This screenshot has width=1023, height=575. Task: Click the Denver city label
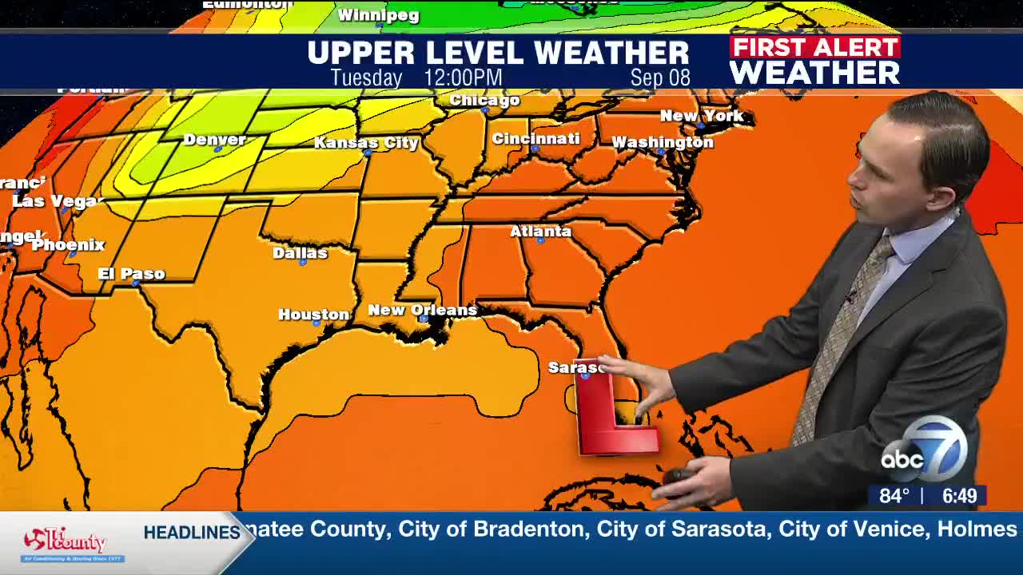[x=214, y=140]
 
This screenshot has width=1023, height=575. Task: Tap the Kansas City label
[x=366, y=143]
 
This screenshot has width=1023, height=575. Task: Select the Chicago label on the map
[x=484, y=100]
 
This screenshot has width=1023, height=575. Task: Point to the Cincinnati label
[x=535, y=138]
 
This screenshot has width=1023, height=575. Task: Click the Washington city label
[x=662, y=142]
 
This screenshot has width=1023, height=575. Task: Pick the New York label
[x=702, y=116]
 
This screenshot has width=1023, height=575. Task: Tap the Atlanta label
[x=540, y=232]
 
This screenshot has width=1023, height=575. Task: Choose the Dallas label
[x=300, y=253]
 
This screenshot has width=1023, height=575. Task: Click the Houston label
[x=313, y=315]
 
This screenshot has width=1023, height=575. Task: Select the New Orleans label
[x=422, y=310]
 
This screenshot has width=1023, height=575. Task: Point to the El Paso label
[x=131, y=274]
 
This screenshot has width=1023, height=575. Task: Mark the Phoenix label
[x=68, y=245]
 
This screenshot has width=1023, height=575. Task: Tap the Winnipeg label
[x=378, y=15]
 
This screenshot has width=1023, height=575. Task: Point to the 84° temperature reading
[x=894, y=496]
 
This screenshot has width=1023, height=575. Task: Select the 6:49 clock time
[x=959, y=496]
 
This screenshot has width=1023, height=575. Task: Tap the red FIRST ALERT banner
[x=814, y=47]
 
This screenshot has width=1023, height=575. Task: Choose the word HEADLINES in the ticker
[x=192, y=533]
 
